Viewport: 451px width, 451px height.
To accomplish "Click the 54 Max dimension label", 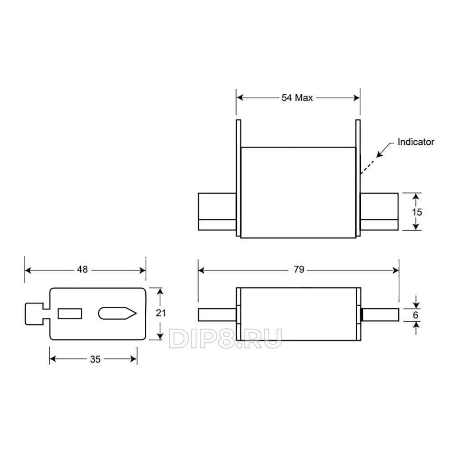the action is [x=297, y=98].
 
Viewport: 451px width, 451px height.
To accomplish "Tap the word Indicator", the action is [x=416, y=142].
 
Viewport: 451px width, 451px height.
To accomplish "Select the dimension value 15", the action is [x=417, y=212].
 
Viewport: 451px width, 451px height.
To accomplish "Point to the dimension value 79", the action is [x=299, y=269].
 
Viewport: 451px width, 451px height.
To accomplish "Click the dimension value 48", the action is [x=82, y=269].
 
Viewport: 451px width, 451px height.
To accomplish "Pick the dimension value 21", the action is [x=161, y=313].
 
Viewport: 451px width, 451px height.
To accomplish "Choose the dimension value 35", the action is [x=95, y=359].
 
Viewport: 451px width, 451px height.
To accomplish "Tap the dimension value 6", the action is [x=415, y=315].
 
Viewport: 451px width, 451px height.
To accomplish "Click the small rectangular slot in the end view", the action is [x=70, y=313].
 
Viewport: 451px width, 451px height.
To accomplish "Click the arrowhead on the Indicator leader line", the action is [x=380, y=154].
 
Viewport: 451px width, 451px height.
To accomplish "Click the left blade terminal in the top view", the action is [x=217, y=212].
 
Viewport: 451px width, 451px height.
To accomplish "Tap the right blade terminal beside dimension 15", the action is [x=379, y=212].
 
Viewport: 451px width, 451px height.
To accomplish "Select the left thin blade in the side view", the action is [x=217, y=315].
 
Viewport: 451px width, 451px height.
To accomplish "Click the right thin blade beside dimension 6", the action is [x=380, y=315].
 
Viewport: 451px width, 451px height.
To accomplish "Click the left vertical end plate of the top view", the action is [x=239, y=178].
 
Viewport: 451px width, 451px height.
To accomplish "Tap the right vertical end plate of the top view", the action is [x=358, y=178].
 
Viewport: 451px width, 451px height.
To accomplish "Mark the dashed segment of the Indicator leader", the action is [x=368, y=166].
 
